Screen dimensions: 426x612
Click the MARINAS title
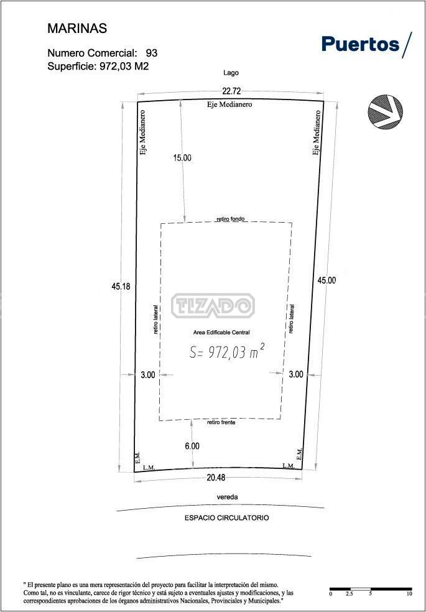click(x=77, y=29)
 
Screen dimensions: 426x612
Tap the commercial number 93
click(x=151, y=53)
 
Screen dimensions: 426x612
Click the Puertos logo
click(x=367, y=45)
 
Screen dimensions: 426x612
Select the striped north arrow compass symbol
click(x=385, y=111)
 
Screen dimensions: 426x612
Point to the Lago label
click(x=231, y=73)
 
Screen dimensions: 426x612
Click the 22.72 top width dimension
click(x=231, y=91)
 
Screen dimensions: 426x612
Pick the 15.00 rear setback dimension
click(x=183, y=158)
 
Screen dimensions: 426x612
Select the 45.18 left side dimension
click(x=121, y=286)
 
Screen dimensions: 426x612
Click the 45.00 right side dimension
click(x=326, y=280)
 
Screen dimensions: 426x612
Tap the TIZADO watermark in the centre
click(x=213, y=305)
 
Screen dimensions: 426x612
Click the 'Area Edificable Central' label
click(x=221, y=333)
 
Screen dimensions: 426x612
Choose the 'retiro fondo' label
click(x=231, y=219)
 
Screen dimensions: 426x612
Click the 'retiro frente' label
click(x=221, y=422)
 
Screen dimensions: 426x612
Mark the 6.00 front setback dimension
click(x=192, y=446)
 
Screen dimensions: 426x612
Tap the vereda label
click(x=227, y=498)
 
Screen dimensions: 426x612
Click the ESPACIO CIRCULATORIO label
click(x=226, y=518)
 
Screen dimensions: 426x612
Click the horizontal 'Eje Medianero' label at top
click(x=229, y=104)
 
